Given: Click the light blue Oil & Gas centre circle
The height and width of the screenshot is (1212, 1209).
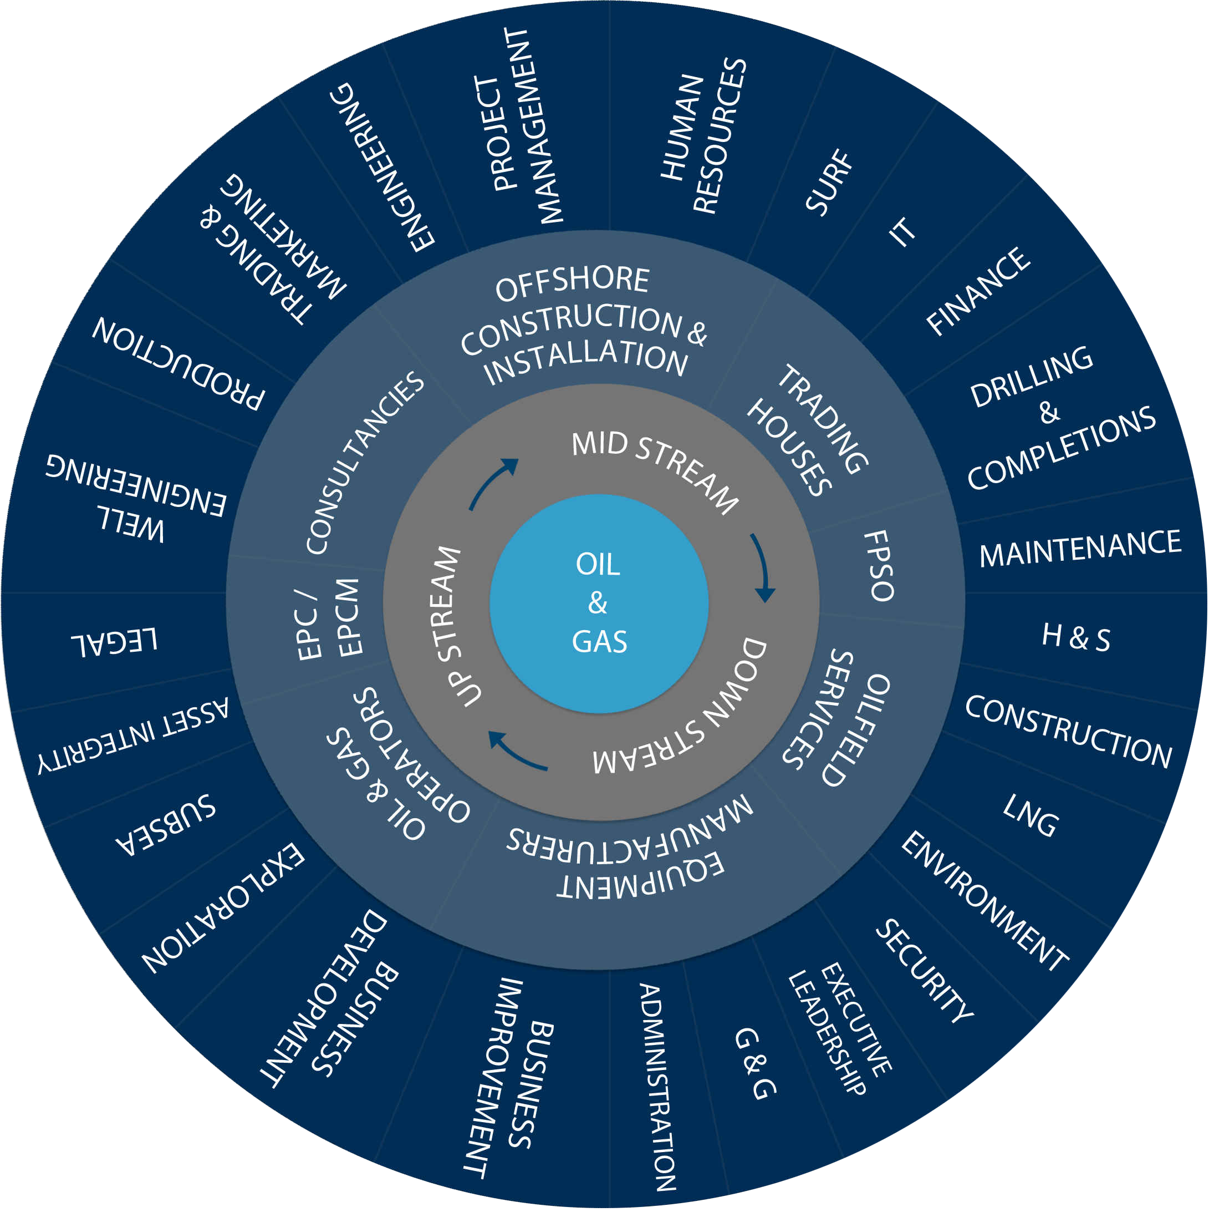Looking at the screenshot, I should point(599,604).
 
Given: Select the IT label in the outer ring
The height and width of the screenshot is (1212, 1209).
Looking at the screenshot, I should point(902,231).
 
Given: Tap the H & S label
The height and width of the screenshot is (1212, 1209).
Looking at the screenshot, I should point(1076,637).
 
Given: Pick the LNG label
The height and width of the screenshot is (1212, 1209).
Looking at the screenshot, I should point(1031,815).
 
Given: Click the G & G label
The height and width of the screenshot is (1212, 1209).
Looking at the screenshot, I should point(755,1064).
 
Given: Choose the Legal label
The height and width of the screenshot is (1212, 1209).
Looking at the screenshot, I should point(114,641).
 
